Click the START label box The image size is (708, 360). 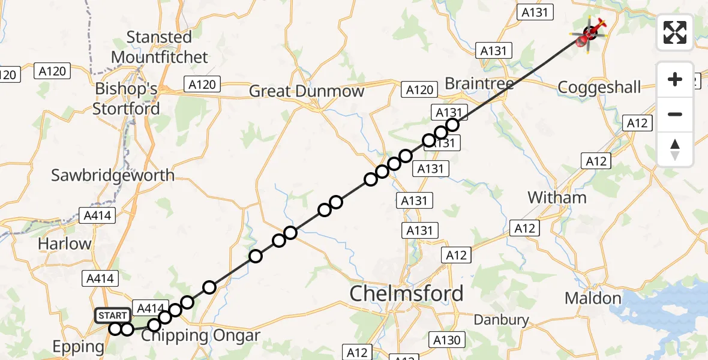point(113,315)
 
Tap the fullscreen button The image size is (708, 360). point(675,32)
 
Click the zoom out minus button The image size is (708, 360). point(675,114)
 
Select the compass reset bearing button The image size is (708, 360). point(675,149)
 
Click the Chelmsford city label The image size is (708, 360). point(406,293)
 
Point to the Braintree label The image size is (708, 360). point(479,84)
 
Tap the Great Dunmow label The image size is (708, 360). point(306,91)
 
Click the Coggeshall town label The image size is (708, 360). point(599,88)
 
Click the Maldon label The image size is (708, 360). point(593,298)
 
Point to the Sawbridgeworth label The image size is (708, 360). point(113,175)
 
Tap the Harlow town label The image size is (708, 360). point(64,244)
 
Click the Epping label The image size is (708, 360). point(78,346)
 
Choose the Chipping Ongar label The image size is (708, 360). point(200,335)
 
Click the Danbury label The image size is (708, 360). point(501,320)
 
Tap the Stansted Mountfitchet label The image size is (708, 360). point(159,47)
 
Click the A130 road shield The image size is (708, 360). point(447,340)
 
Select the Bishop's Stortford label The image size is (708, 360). point(126,98)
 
